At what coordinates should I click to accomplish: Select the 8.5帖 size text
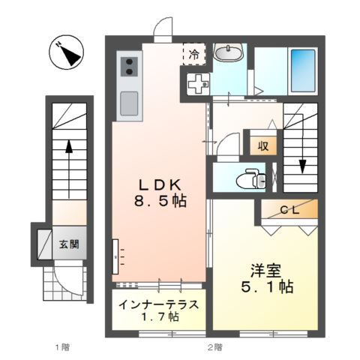tap(160, 202)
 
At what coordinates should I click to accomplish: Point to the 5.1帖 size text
tap(266, 286)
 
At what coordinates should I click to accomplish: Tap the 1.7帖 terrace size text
tap(159, 317)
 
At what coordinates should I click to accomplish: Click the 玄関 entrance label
tap(69, 244)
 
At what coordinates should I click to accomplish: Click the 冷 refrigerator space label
tap(193, 54)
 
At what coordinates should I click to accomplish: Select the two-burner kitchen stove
tap(127, 67)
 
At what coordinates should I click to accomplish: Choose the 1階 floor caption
tap(61, 346)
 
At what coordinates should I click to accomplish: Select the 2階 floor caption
tap(214, 346)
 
